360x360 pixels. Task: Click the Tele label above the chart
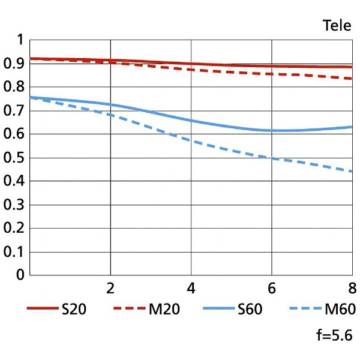[337, 25]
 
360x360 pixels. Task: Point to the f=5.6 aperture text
[334, 335]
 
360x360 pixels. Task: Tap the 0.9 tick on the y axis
[14, 64]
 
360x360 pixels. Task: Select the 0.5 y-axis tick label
[14, 158]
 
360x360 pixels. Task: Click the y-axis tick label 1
[20, 40]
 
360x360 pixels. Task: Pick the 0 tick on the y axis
[20, 275]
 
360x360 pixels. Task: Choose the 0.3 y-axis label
[14, 205]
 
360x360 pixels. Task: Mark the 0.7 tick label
[14, 111]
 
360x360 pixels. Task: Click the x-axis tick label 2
[110, 289]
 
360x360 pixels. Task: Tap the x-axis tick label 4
[191, 289]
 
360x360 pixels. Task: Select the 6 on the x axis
[272, 289]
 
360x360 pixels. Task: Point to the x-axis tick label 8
[352, 289]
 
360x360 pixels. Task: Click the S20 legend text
[74, 309]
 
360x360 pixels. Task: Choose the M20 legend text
[164, 309]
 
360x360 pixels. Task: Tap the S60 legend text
[250, 309]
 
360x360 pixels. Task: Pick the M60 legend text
[340, 309]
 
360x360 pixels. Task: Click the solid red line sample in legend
[43, 308]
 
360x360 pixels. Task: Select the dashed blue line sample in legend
[305, 308]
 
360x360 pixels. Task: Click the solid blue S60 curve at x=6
[272, 131]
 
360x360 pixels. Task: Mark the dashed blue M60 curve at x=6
[272, 158]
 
